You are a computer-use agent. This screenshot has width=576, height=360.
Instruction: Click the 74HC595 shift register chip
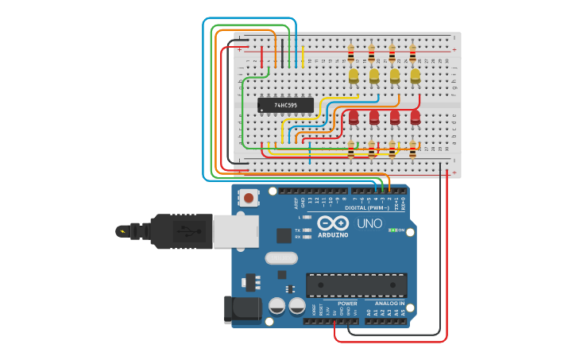click(285, 105)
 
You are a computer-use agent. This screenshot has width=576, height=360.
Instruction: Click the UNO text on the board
click(369, 224)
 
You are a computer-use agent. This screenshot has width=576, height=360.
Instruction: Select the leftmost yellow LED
click(354, 75)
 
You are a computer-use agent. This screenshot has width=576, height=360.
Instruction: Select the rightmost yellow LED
click(415, 75)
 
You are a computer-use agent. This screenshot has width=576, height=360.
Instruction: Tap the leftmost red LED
click(354, 118)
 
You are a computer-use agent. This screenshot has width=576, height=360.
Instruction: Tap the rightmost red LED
click(415, 118)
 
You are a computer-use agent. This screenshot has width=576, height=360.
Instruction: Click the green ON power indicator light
click(392, 230)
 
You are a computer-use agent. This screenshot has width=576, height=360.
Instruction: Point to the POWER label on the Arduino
click(347, 303)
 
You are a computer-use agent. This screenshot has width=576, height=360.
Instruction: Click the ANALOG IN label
click(389, 303)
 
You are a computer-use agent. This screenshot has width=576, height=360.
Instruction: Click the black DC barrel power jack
click(242, 309)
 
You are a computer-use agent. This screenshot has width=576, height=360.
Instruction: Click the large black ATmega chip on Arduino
click(356, 285)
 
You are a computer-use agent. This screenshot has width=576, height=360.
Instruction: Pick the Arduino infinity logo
click(333, 223)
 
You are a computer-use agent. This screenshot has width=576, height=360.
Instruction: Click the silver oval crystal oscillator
click(280, 257)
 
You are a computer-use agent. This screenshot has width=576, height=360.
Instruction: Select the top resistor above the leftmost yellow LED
click(350, 54)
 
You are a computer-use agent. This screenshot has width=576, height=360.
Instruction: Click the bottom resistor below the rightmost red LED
click(412, 149)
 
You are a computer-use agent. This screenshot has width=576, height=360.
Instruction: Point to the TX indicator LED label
click(297, 230)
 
